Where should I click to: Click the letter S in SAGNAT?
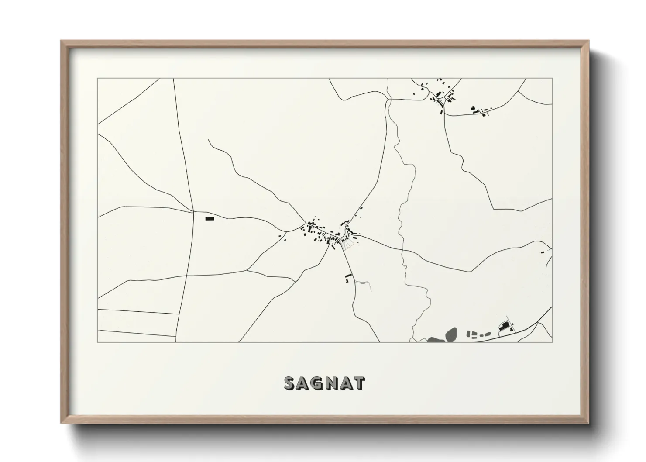pyautogui.click(x=291, y=383)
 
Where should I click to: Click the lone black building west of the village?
pyautogui.click(x=210, y=218)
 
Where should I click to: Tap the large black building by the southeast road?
pyautogui.click(x=505, y=327)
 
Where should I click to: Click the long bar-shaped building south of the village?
pyautogui.click(x=348, y=276)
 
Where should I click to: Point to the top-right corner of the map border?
pyautogui.click(x=552, y=79)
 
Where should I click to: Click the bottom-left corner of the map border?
pyautogui.click(x=98, y=342)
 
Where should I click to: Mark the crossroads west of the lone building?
pyautogui.click(x=193, y=212)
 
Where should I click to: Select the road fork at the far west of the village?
pyautogui.click(x=285, y=231)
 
